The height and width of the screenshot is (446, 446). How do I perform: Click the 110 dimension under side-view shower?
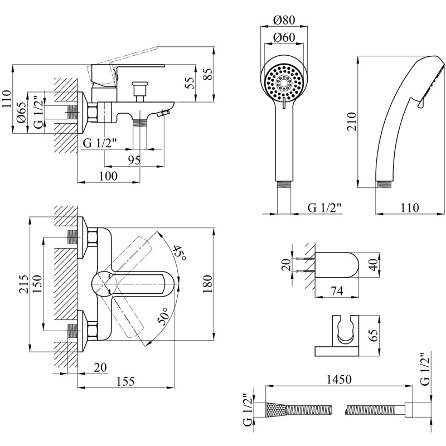tap(410, 207)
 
